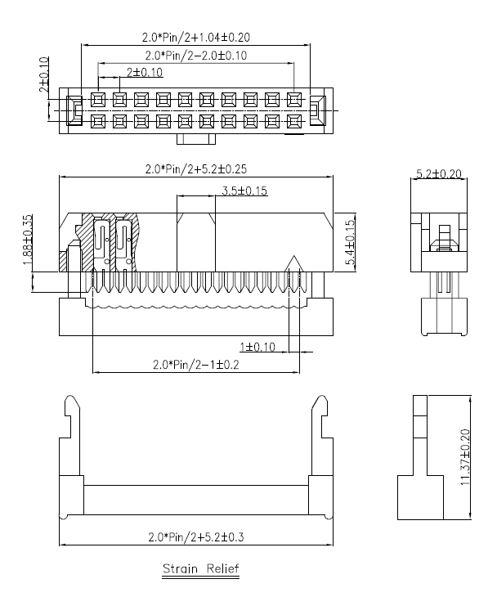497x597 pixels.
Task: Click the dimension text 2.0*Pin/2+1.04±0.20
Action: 196,38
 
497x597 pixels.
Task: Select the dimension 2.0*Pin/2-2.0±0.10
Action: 196,56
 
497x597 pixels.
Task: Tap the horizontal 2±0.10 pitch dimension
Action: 145,72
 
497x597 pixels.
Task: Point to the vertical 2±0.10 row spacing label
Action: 44,74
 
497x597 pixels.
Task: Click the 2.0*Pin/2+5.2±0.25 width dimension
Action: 196,169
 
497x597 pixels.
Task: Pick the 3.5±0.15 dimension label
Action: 244,191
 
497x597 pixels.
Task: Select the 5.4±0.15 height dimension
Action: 351,242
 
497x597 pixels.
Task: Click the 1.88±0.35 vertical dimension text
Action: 28,240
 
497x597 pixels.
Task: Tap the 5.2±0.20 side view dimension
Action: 438,173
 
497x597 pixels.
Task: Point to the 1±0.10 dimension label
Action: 257,347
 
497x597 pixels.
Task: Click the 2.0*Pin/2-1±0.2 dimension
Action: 196,365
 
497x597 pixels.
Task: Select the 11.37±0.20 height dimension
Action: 465,457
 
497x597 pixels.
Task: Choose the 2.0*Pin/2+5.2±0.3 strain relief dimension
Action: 196,537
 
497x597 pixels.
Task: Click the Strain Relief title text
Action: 201,569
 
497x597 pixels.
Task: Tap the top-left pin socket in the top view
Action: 98,100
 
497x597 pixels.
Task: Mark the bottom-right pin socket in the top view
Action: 294,122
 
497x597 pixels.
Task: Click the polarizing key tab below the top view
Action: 196,139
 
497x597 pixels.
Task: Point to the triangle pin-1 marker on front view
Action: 293,263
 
